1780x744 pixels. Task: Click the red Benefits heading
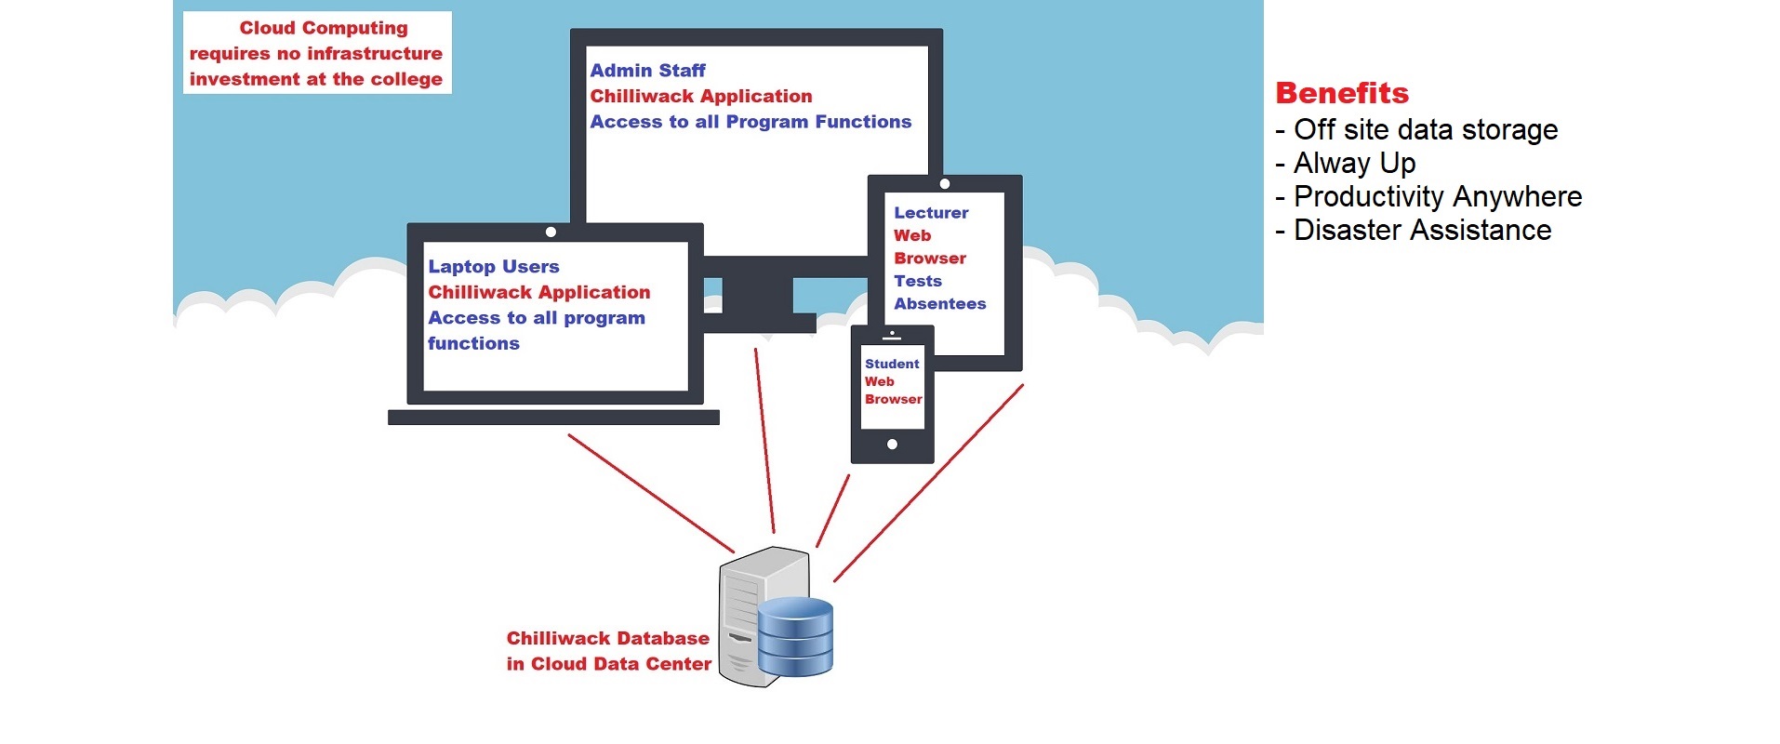(x=1342, y=93)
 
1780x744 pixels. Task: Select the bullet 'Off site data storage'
(x=1425, y=130)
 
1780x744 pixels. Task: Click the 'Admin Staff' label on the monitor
(x=647, y=71)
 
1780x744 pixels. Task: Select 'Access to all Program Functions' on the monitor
(x=751, y=122)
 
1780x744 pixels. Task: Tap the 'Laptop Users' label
(x=493, y=267)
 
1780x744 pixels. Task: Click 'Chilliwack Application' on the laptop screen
(x=538, y=292)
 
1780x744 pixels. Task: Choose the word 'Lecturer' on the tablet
(x=931, y=213)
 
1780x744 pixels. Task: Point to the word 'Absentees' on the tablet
(x=939, y=304)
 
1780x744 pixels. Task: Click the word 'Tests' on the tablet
(x=918, y=281)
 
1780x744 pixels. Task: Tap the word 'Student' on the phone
(x=891, y=365)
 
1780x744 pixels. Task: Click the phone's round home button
(x=892, y=445)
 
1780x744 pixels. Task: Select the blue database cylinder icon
(x=795, y=636)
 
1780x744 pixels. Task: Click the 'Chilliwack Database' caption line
(x=607, y=639)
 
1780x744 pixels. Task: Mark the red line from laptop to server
(x=651, y=493)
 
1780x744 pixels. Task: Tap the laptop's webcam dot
(x=551, y=232)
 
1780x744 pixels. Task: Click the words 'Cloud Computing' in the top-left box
(x=324, y=28)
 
